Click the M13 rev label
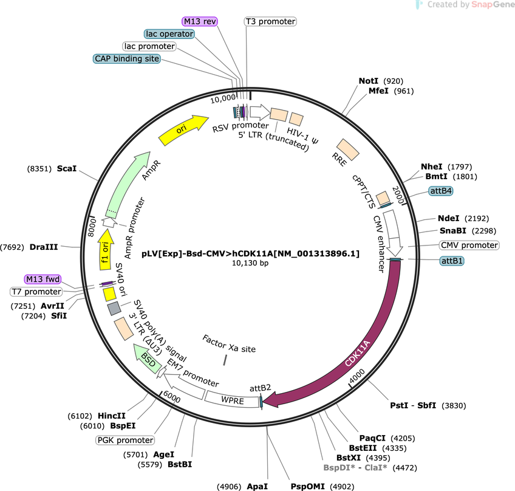(200, 21)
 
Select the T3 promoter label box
(270, 21)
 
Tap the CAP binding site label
(127, 59)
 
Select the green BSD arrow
(147, 359)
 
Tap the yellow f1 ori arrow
(106, 250)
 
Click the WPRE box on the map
(232, 400)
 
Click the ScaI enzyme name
(67, 168)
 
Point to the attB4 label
(441, 191)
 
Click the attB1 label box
(452, 261)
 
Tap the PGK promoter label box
(125, 440)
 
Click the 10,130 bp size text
(250, 263)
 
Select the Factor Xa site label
(229, 344)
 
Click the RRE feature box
(348, 149)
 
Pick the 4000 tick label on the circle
(357, 376)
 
